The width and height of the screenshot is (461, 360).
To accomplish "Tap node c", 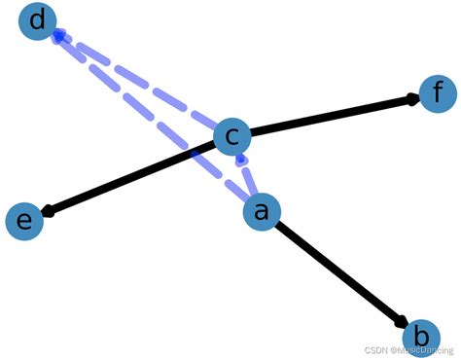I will click(x=231, y=139).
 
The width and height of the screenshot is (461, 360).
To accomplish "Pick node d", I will click(x=38, y=21).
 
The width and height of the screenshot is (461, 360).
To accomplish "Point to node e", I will click(x=25, y=221).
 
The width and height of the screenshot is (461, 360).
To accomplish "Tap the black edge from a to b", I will click(x=340, y=272).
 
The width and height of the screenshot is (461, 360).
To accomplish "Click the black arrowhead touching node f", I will click(x=412, y=98).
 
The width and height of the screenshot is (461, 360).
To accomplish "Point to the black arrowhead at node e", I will click(x=46, y=210).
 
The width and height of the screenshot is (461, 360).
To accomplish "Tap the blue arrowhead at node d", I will click(x=59, y=37).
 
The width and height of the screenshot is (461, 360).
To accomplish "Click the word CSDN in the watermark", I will click(x=367, y=348).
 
